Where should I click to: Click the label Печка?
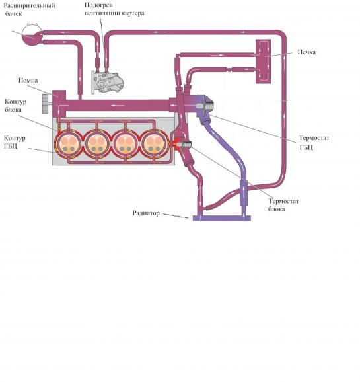306,52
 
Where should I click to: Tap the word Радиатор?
146,213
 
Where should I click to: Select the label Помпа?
28,81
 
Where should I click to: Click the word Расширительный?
29,5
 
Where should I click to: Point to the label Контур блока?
15,106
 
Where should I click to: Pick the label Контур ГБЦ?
15,142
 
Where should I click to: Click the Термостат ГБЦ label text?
314,143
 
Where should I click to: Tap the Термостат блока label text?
283,205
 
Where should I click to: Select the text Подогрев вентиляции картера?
114,9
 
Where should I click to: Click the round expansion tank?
32,35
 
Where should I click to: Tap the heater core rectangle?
263,61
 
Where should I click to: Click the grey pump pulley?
46,104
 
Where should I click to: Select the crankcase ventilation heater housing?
107,82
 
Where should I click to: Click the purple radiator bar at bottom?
222,218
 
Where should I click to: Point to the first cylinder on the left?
68,144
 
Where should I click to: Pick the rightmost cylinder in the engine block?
155,144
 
